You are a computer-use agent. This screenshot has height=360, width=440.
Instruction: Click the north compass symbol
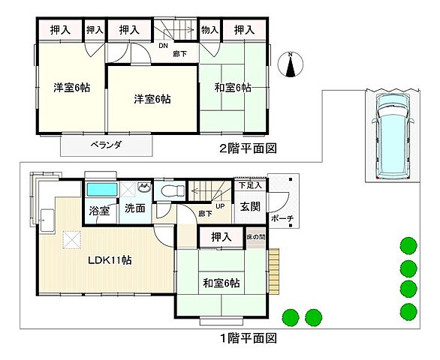[x=291, y=65]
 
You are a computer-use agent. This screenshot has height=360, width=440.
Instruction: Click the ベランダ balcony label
[x=107, y=144]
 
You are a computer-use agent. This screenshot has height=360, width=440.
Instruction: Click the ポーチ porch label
[x=284, y=218]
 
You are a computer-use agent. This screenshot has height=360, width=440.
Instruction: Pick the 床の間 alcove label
[x=256, y=237]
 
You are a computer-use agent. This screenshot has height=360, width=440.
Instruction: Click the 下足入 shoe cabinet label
[x=249, y=184]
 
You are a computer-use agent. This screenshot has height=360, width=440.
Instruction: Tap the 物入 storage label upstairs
[x=209, y=30]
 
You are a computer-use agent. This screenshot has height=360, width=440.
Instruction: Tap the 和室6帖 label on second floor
[x=232, y=88]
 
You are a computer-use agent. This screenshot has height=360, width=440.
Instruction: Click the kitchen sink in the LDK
[x=47, y=220]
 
